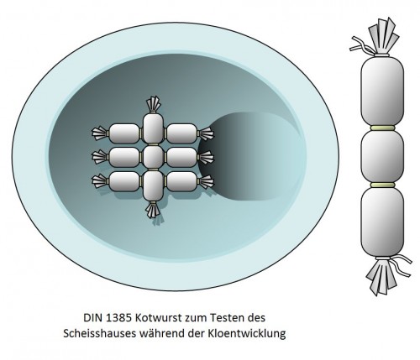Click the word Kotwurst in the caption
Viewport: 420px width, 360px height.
click(x=160, y=318)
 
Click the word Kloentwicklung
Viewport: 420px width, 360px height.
click(x=246, y=334)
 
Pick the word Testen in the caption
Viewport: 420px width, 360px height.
click(x=227, y=318)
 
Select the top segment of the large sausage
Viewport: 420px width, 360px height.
click(x=382, y=91)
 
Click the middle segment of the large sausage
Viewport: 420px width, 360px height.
click(x=382, y=157)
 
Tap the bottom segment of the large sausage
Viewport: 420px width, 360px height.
click(x=382, y=222)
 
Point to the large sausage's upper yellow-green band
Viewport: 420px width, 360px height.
click(x=382, y=128)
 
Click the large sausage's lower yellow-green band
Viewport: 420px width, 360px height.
click(x=382, y=185)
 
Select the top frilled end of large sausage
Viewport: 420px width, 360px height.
click(x=380, y=36)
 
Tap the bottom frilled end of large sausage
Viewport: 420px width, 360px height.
click(x=386, y=274)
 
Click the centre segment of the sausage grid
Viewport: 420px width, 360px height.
click(x=153, y=157)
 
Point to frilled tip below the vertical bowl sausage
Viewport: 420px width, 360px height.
click(x=153, y=210)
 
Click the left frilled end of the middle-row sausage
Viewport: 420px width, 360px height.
click(x=100, y=157)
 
